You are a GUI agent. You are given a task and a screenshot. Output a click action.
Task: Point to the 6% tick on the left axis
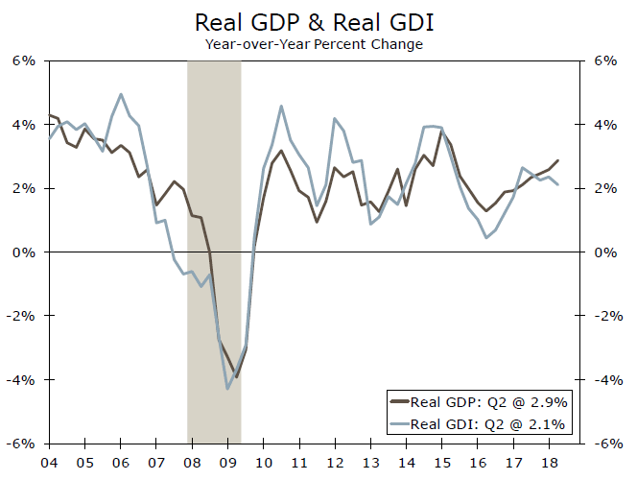click(x=24, y=60)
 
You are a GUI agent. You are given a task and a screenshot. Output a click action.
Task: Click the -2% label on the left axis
click(x=22, y=316)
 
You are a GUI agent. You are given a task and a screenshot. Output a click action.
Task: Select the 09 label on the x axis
click(x=227, y=459)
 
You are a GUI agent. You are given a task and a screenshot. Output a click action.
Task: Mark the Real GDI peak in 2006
click(x=121, y=94)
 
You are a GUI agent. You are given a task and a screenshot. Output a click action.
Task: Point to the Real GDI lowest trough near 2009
click(x=227, y=388)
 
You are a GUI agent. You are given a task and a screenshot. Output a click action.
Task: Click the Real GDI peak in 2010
click(x=281, y=107)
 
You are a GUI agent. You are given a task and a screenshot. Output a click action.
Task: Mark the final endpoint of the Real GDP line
click(x=558, y=160)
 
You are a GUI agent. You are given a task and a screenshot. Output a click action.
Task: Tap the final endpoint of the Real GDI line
click(x=558, y=185)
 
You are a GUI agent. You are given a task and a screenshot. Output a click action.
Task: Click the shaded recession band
click(x=213, y=192)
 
